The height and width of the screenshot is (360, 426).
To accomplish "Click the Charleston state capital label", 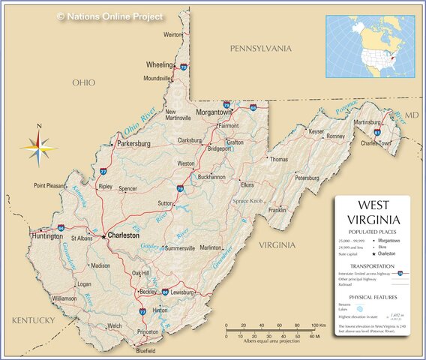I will click(124, 235).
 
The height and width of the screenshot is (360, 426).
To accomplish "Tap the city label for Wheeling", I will click(159, 64).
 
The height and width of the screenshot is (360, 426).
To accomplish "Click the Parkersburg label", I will click(133, 142).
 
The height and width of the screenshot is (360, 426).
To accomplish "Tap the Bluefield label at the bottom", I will click(145, 350).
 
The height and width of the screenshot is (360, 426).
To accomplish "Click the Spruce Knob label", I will click(247, 201).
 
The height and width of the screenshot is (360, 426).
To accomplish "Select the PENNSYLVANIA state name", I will click(260, 49).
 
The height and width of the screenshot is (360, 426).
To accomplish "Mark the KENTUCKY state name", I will click(34, 320).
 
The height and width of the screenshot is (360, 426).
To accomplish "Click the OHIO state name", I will click(83, 82).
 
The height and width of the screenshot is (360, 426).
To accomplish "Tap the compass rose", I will click(39, 147).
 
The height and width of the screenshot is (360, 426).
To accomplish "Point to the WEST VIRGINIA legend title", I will click(373, 212).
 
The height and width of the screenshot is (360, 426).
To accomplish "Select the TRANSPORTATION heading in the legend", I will click(373, 266).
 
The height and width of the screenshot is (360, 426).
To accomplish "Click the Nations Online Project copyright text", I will click(110, 16).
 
